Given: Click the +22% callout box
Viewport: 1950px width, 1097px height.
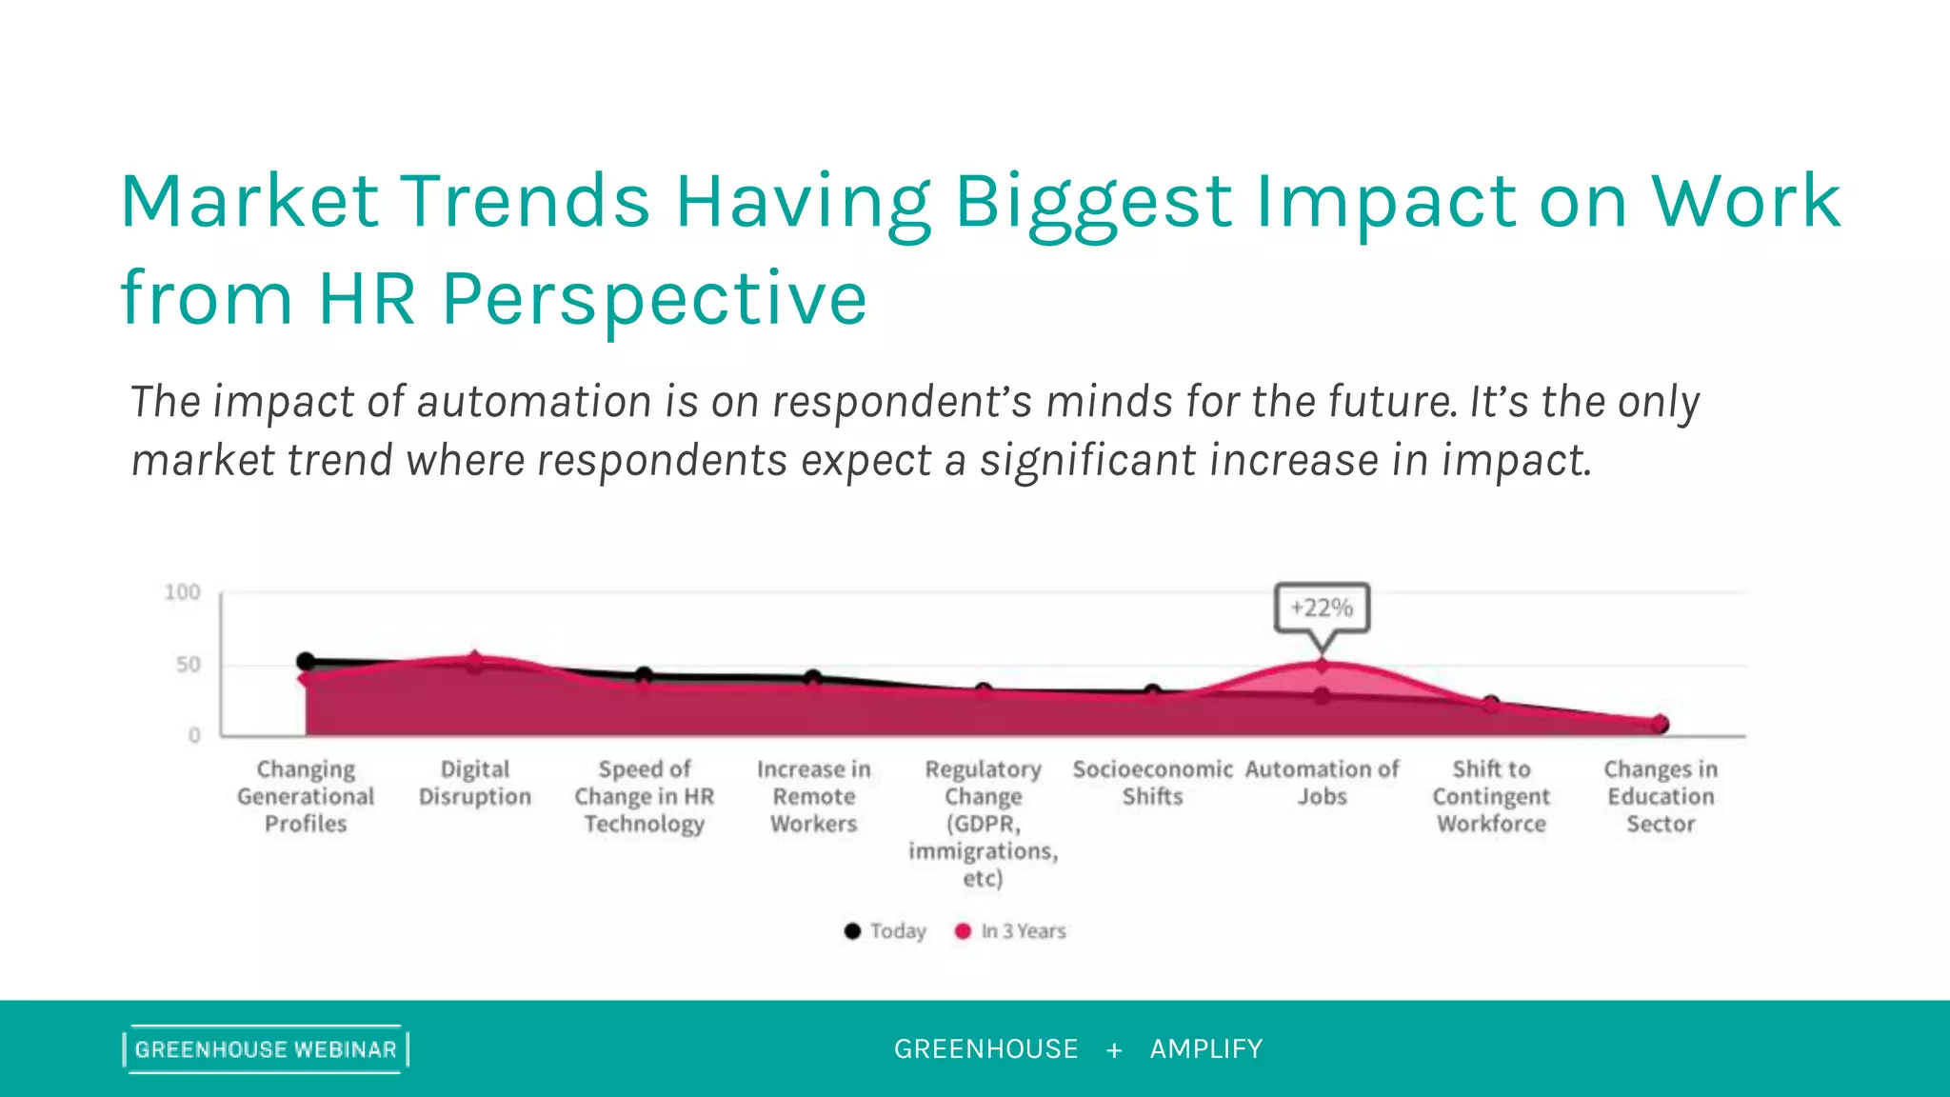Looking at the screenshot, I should pyautogui.click(x=1322, y=608).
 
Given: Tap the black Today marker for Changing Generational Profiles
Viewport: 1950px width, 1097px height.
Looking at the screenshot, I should pyautogui.click(x=306, y=661).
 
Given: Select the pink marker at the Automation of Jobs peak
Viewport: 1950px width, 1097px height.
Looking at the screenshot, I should pyautogui.click(x=1322, y=666).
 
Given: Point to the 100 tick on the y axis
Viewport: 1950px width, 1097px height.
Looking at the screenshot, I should pyautogui.click(x=183, y=592).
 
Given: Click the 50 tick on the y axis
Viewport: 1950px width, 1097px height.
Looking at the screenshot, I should pyautogui.click(x=189, y=665).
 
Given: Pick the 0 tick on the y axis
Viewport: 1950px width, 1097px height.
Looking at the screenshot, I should pyautogui.click(x=194, y=735).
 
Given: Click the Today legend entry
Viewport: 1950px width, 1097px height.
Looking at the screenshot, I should pyautogui.click(x=885, y=931).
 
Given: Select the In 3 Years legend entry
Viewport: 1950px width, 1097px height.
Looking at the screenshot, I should pyautogui.click(x=1011, y=931).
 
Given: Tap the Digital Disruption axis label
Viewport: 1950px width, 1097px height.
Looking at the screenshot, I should pyautogui.click(x=475, y=783).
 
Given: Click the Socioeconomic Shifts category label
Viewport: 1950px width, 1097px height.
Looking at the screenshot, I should pyautogui.click(x=1152, y=783).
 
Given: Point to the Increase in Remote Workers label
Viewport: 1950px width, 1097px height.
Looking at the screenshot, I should pyautogui.click(x=814, y=796).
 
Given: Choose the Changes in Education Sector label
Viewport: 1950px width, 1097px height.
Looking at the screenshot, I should pyautogui.click(x=1661, y=796).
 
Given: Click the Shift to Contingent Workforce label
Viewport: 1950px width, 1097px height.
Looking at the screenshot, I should pyautogui.click(x=1491, y=796).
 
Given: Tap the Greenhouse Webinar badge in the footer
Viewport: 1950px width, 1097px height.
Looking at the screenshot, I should pyautogui.click(x=266, y=1049).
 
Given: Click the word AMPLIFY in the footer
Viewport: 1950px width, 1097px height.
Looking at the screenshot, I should pyautogui.click(x=1206, y=1049).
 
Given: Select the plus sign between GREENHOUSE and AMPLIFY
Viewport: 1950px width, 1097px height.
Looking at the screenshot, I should pyautogui.click(x=1114, y=1050).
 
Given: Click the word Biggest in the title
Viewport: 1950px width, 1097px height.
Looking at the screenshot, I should pyautogui.click(x=1093, y=202).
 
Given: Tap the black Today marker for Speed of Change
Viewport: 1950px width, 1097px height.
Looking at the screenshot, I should pyautogui.click(x=645, y=675).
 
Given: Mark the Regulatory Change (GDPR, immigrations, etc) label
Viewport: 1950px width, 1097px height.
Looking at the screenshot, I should pyautogui.click(x=984, y=823).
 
